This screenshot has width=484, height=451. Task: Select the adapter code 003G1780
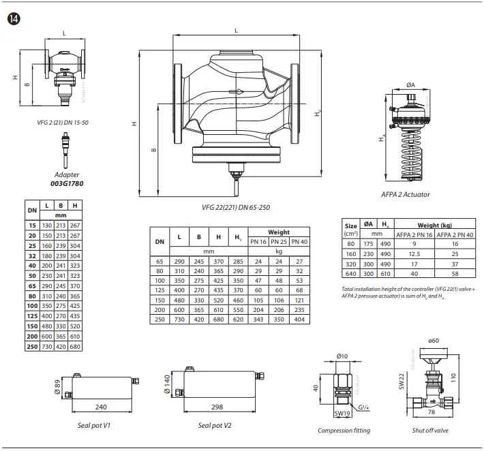pyautogui.click(x=66, y=183)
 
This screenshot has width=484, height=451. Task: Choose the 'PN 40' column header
pyautogui.click(x=299, y=241)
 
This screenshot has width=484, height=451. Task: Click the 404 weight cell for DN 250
pyautogui.click(x=299, y=320)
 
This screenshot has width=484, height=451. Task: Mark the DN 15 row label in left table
pyautogui.click(x=31, y=223)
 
